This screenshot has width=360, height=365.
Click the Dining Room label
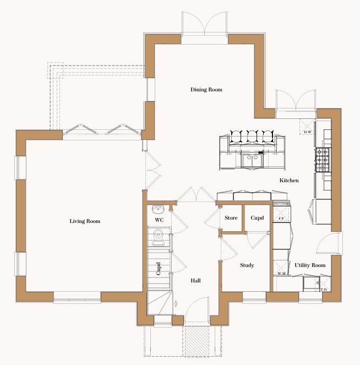tap(206, 90)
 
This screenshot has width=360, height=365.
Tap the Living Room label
tap(85, 221)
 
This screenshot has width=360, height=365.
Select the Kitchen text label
tap(289, 181)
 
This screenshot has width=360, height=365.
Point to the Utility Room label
tap(310, 265)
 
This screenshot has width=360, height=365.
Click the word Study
tap(247, 265)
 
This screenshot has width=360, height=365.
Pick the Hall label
tap(195, 281)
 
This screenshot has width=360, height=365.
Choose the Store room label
tap(231, 218)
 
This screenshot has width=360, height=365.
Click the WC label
tap(159, 220)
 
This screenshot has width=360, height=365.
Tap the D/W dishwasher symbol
tap(307, 127)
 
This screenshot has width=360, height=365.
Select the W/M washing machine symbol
tap(281, 268)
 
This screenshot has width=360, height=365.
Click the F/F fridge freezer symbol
tap(281, 214)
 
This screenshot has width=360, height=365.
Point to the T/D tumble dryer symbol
tap(324, 284)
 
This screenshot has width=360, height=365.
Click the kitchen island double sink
tap(252, 160)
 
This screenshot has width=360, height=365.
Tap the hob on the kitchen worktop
tap(323, 160)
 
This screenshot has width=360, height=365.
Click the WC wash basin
tap(158, 209)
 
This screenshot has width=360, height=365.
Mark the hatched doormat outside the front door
tap(197, 341)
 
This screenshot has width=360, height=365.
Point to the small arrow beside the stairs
tap(176, 303)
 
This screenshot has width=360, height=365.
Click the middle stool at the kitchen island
tap(252, 137)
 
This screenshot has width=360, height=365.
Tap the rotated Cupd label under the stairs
tap(158, 269)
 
